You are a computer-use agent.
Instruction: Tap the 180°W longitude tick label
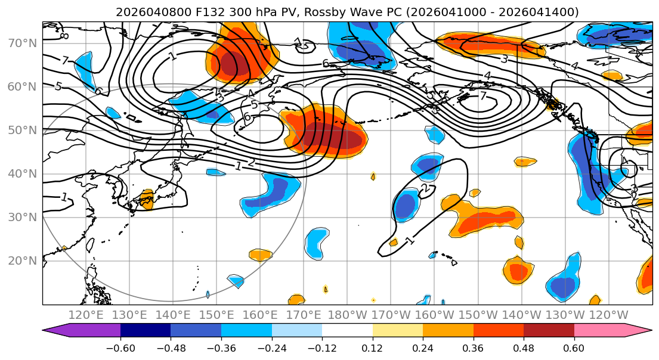coord(347,315)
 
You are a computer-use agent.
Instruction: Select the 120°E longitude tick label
coord(86,315)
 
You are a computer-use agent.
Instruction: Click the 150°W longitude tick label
coord(478,315)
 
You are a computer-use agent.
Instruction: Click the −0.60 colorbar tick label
coord(120,346)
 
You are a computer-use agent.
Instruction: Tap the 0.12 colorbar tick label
coord(373,346)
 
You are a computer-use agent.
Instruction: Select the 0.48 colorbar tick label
coord(524,346)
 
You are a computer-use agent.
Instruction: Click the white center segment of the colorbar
coord(347,330)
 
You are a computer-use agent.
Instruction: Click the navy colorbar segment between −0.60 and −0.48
coord(146,330)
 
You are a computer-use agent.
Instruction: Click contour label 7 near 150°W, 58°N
coord(483,96)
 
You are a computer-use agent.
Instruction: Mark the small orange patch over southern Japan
coord(145,200)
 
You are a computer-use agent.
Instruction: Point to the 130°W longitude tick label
coord(565,315)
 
